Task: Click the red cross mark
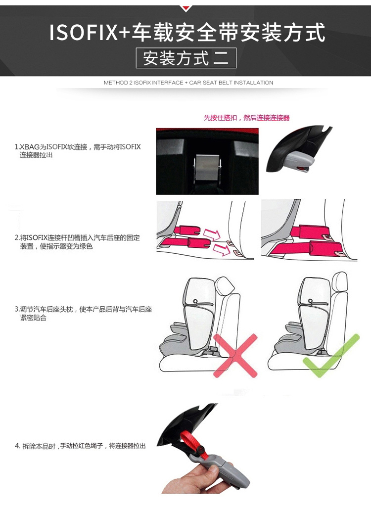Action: pos(236,355)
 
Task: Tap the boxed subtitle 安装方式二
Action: pos(186,58)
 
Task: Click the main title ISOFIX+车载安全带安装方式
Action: pos(187,32)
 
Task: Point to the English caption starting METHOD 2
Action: pos(188,83)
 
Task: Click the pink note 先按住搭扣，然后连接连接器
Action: pos(246,118)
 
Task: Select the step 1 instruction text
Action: pos(78,150)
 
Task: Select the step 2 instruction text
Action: pos(77,242)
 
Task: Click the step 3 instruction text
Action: pos(83,313)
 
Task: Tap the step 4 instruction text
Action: pos(80,446)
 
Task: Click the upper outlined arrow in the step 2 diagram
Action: pos(212,234)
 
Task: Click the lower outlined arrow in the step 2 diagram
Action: pos(222,249)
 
